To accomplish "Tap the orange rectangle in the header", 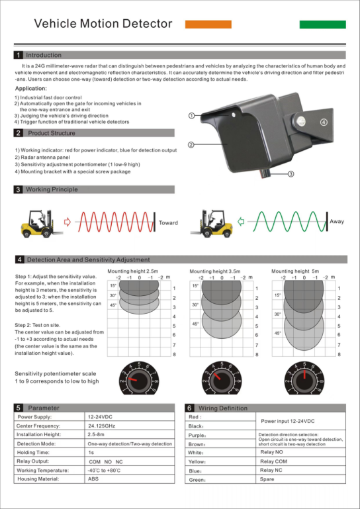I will tap(208, 24).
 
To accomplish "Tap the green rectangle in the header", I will tap(322, 24).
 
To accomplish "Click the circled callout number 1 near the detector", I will tap(191, 115).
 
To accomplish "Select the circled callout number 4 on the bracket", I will tap(324, 122).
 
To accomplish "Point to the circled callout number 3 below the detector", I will tap(291, 175).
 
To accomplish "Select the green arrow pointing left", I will tap(242, 222).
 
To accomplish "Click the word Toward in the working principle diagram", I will tap(168, 223).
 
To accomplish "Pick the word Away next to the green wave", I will tap(337, 222).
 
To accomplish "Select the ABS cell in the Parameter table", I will tap(93, 478).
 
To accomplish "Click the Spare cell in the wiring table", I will tap(267, 479).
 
